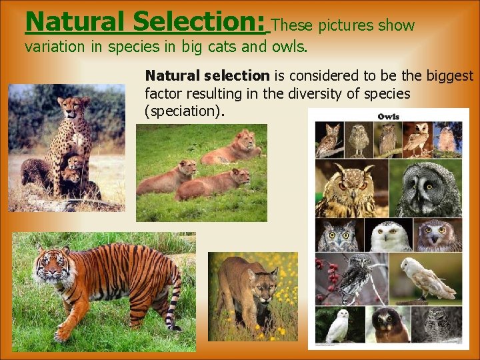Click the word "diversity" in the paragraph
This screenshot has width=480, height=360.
click(x=313, y=93)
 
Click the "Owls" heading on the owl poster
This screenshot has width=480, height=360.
click(x=388, y=117)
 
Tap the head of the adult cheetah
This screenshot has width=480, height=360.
click(x=73, y=107)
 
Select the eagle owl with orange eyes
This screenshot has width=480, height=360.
click(x=347, y=190)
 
